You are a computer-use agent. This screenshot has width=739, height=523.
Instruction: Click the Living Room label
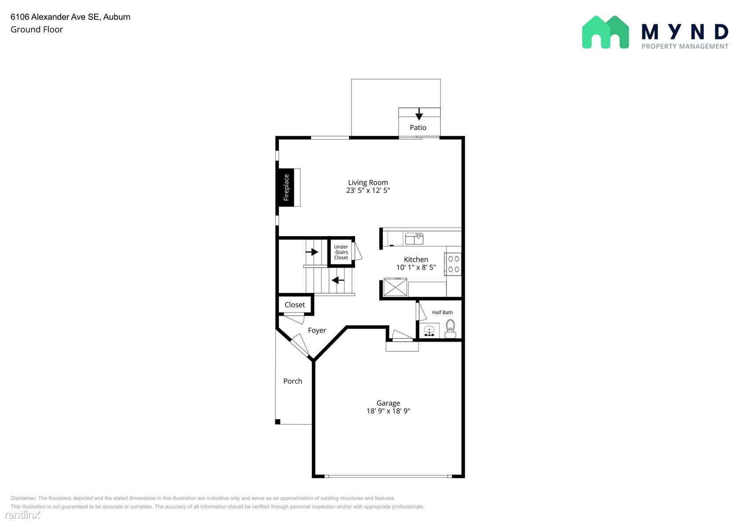click(368, 182)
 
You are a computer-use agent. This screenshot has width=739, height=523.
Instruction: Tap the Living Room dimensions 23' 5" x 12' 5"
click(368, 191)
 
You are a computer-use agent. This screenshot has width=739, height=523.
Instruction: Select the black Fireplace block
click(286, 188)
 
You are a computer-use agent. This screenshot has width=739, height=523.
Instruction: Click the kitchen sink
click(414, 239)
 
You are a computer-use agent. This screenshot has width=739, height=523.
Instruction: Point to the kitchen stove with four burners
click(453, 264)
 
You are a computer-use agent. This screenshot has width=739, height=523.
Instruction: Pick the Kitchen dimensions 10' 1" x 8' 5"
click(416, 268)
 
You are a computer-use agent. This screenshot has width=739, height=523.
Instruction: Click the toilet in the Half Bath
click(450, 329)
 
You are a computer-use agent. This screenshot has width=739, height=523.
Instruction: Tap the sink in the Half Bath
click(429, 331)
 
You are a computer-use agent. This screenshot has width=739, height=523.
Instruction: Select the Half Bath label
click(443, 313)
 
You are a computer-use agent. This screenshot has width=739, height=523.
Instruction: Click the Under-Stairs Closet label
click(341, 252)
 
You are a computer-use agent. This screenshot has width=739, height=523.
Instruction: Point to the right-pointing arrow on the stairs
click(312, 252)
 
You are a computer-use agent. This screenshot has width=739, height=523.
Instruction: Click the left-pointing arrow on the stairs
click(338, 280)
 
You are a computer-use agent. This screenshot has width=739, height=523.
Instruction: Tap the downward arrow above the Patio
click(419, 114)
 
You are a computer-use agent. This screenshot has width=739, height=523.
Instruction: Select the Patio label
click(418, 128)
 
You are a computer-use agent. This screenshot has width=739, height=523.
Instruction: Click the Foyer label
click(317, 331)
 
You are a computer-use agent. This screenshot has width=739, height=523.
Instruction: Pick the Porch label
click(293, 381)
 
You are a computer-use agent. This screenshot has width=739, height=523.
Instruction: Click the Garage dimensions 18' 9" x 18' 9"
click(388, 411)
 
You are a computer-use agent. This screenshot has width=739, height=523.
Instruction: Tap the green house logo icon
click(605, 32)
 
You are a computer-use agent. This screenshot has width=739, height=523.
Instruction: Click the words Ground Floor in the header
click(37, 29)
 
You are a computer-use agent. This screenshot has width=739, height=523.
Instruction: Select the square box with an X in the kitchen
click(395, 287)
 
